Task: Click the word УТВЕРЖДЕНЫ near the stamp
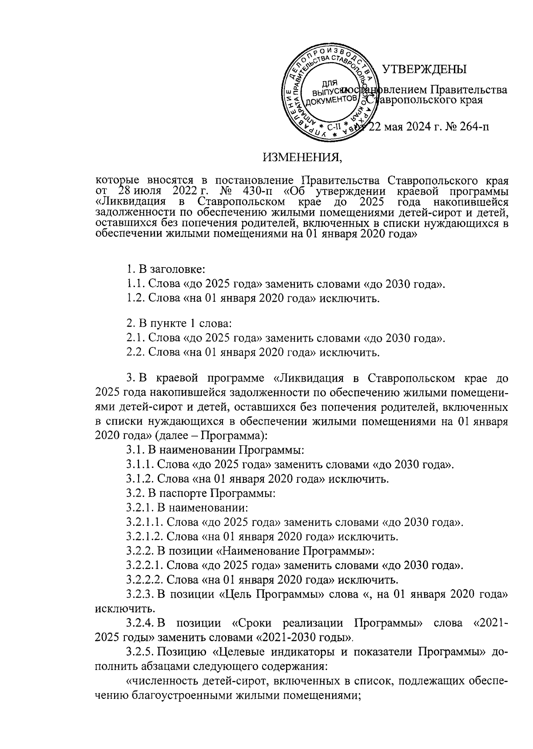[x=424, y=69]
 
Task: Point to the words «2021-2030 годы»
[x=302, y=638]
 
